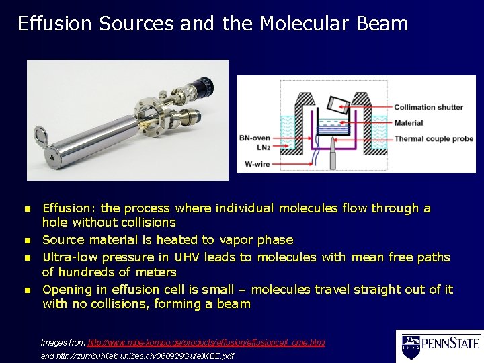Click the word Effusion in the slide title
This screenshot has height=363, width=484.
coord(54,24)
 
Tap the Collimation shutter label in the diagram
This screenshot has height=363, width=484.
coord(429,107)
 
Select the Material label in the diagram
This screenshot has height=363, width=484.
coord(409,123)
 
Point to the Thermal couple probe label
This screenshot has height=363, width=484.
coord(434,139)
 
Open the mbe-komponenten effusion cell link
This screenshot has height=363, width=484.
coord(206,343)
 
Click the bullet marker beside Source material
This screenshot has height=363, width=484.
coord(28,240)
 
